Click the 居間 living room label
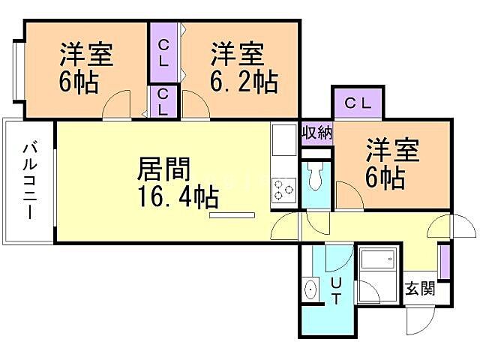tap(163, 168)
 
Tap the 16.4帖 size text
tap(177, 197)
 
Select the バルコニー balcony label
tap(30, 180)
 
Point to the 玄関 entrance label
tap(421, 289)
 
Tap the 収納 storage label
tap(317, 133)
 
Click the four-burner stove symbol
tap(283, 188)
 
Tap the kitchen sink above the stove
tap(283, 139)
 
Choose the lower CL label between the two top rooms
tap(163, 101)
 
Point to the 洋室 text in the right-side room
tap(393, 149)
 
